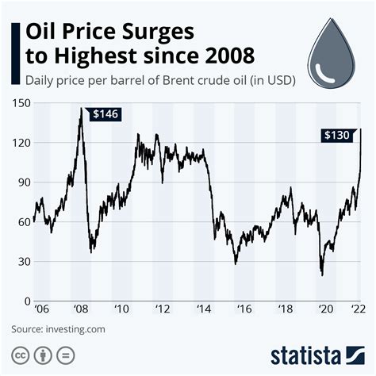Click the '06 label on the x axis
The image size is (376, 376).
pos(39,309)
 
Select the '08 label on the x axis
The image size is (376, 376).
pos(82,309)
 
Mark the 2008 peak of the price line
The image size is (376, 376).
pos(81,109)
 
